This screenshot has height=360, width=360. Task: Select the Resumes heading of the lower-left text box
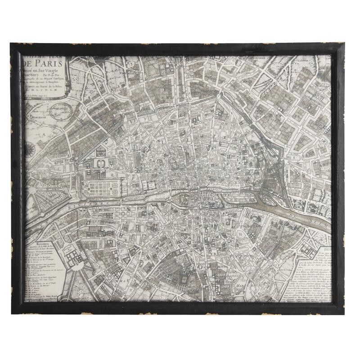coord(37,247)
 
